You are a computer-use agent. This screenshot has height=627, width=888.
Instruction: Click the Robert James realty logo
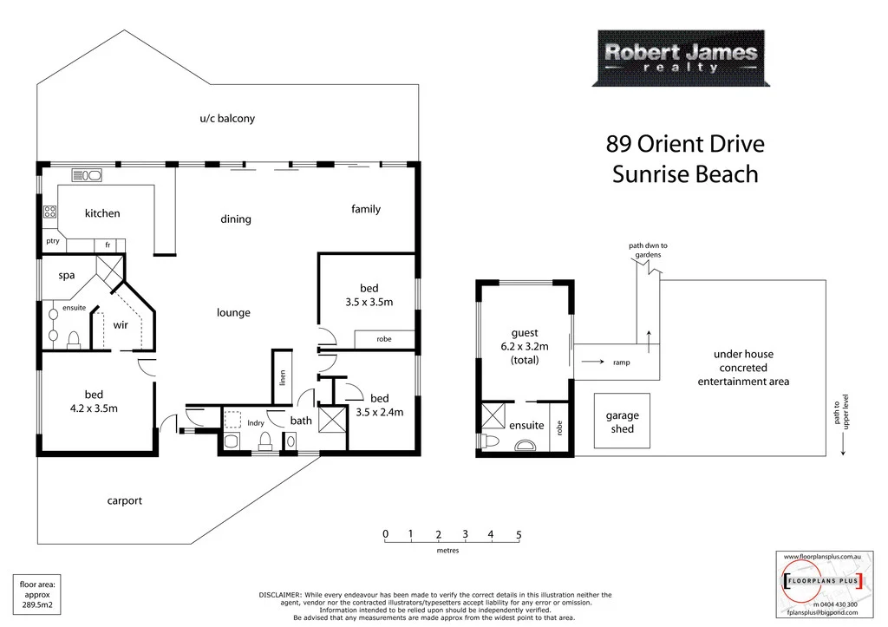pyautogui.click(x=680, y=58)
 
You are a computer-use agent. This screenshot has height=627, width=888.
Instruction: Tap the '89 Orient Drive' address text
pyautogui.click(x=684, y=143)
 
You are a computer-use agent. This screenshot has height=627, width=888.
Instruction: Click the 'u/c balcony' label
pyautogui.click(x=227, y=119)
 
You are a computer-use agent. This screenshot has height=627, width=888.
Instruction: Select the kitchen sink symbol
pyautogui.click(x=87, y=174)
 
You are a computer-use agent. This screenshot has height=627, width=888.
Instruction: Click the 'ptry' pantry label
pyautogui.click(x=53, y=242)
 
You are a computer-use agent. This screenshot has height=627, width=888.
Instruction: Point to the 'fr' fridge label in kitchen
pyautogui.click(x=108, y=245)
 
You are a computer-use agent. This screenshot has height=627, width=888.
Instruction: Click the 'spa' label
pyautogui.click(x=67, y=275)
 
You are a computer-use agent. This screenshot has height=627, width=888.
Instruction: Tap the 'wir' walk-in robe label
pyautogui.click(x=121, y=326)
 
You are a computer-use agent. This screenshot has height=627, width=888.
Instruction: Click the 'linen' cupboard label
pyautogui.click(x=282, y=377)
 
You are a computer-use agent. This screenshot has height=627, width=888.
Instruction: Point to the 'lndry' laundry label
pyautogui.click(x=256, y=423)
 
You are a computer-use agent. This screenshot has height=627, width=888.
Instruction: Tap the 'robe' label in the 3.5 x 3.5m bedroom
pyautogui.click(x=383, y=340)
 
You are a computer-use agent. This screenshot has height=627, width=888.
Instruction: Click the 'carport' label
pyautogui.click(x=124, y=500)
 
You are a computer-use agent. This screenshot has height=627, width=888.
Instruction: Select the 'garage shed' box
pyautogui.click(x=622, y=422)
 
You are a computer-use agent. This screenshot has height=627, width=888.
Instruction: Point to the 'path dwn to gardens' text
pyautogui.click(x=648, y=251)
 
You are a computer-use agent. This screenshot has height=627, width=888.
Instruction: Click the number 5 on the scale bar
pyautogui.click(x=519, y=534)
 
